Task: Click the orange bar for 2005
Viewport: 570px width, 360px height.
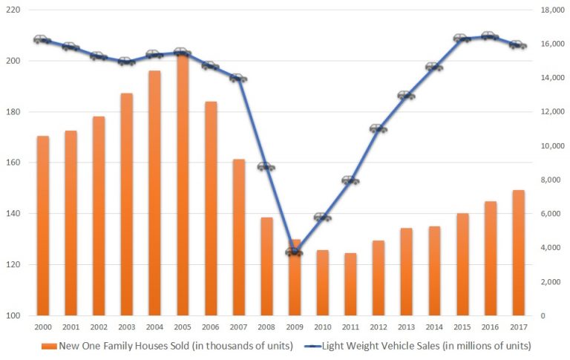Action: tap(183, 186)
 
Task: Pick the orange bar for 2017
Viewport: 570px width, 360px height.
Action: tap(519, 252)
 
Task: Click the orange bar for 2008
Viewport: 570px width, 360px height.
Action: tap(266, 266)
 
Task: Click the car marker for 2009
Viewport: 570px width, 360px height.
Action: tap(295, 252)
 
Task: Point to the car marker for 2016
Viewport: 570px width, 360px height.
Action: tap(488, 36)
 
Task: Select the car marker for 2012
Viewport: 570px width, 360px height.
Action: tap(379, 128)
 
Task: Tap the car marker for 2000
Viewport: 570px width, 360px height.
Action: tap(42, 39)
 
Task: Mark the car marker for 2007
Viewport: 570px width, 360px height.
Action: tap(238, 78)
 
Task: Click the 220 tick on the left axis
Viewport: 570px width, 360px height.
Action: tap(13, 10)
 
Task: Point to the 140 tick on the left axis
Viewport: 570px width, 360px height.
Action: tap(13, 214)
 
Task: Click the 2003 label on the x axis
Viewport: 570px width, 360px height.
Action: tap(126, 327)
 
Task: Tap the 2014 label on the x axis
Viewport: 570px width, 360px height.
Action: tap(434, 327)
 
